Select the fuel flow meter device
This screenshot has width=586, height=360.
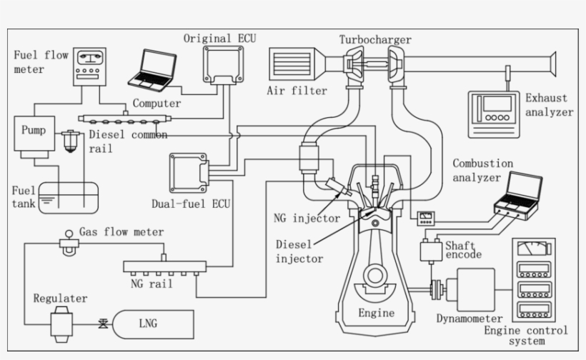click(x=89, y=68)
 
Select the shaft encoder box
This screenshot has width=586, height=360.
click(x=432, y=250)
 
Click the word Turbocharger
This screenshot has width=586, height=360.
click(x=375, y=40)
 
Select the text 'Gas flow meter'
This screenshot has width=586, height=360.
click(x=121, y=232)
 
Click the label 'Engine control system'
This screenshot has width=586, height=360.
click(x=526, y=336)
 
